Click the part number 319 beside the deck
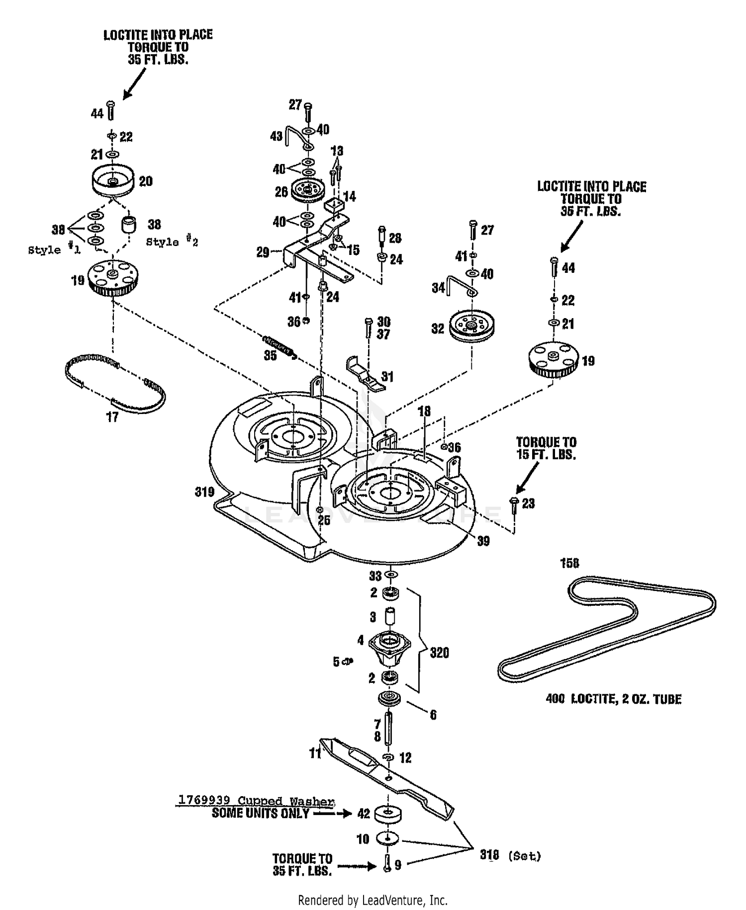point(204,492)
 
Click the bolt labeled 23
point(514,505)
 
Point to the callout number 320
point(439,653)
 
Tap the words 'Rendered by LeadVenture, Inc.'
point(373,900)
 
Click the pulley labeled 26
point(308,190)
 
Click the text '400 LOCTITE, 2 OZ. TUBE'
point(613,699)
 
